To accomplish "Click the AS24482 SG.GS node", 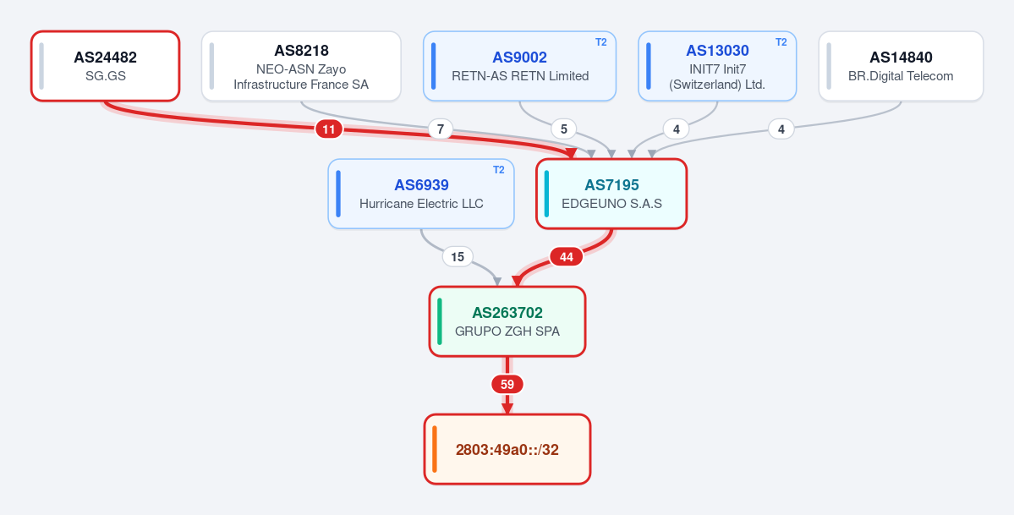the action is point(106,66).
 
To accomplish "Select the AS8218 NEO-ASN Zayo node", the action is point(301,66).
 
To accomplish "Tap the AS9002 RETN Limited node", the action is point(520,66).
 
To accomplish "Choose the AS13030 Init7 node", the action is point(717,66).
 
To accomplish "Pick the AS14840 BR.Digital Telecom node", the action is point(901,66).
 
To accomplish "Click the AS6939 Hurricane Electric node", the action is point(421,194).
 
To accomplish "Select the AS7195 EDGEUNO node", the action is point(611,194).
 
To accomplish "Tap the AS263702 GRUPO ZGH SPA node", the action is point(507,321).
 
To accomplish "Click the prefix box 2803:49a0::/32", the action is point(507,449).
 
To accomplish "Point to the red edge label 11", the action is point(328,129).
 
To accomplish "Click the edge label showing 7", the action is point(441,129).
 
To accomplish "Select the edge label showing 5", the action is point(564,129).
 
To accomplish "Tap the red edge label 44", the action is point(567,257).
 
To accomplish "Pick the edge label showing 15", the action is point(458,257).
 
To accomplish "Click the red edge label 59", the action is point(507,384).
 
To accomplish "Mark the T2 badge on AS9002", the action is point(600,42).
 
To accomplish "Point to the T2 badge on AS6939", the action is point(499,169).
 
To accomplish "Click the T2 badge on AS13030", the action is point(781,42).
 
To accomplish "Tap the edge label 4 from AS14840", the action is point(781,129).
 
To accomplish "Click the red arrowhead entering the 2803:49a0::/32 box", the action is point(507,409).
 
